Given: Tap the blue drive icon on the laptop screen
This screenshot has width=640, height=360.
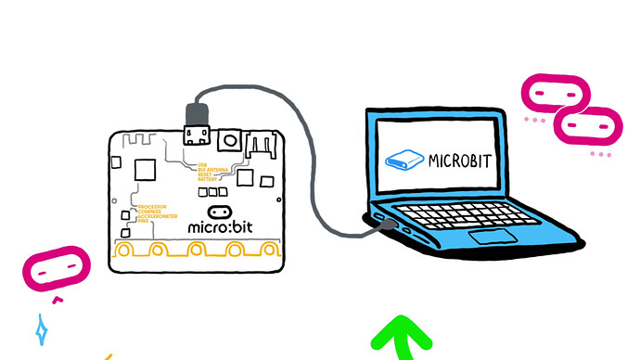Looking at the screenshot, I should pyautogui.click(x=403, y=160).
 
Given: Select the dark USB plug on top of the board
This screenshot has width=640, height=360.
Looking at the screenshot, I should pyautogui.click(x=197, y=117).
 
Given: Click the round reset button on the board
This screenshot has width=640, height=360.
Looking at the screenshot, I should pyautogui.click(x=229, y=140).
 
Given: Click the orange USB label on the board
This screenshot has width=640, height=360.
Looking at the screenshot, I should pyautogui.click(x=199, y=164).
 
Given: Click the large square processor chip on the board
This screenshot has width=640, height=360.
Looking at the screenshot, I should pyautogui.click(x=144, y=170).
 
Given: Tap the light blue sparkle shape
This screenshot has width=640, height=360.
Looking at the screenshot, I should pyautogui.click(x=41, y=328).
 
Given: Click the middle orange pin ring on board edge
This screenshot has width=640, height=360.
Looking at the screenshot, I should pyautogui.click(x=197, y=250).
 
